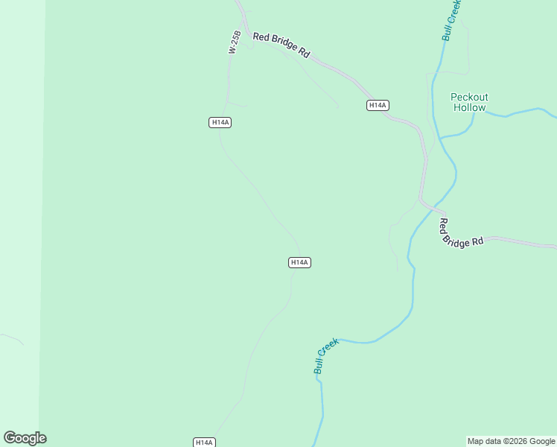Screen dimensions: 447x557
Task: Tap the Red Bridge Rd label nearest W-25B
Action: point(281,45)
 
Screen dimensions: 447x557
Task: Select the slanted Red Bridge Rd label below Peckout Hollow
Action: point(461,232)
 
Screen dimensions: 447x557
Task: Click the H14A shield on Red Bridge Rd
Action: point(378,106)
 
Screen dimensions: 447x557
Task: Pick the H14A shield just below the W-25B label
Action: point(220,122)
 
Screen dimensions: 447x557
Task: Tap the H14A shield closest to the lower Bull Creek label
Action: point(299,262)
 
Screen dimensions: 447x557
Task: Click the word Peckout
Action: point(469,97)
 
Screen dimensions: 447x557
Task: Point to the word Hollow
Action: point(469,107)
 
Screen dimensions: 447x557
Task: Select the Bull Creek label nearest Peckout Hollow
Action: point(452,20)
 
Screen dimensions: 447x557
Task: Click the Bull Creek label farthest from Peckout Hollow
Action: point(326,355)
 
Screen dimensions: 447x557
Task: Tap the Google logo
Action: point(25,438)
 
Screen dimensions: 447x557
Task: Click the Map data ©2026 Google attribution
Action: point(511,441)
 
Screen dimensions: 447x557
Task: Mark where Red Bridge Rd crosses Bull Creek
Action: point(430,208)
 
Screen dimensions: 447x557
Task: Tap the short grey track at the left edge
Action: point(11,338)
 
